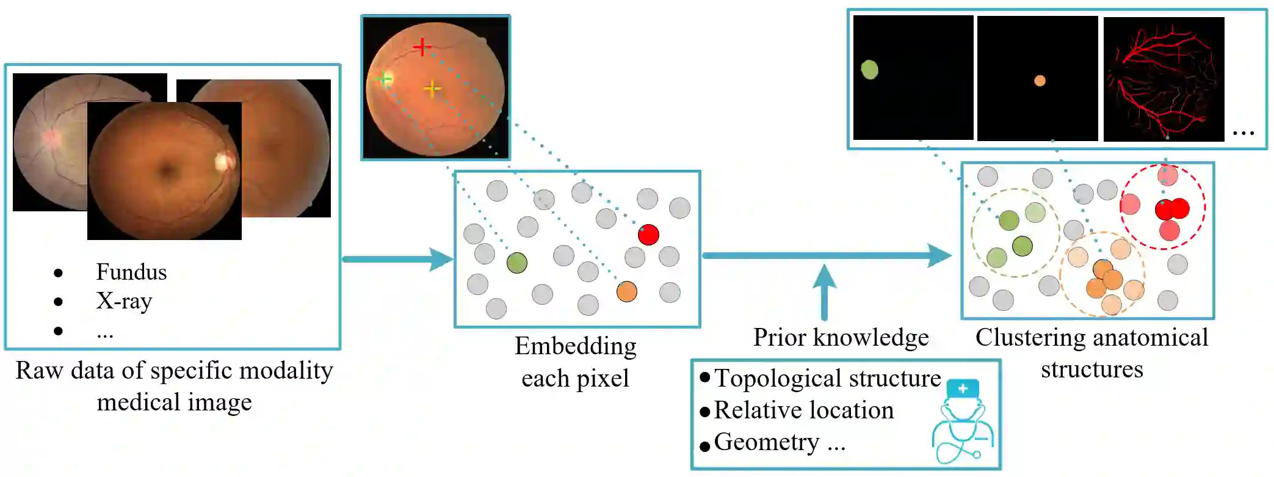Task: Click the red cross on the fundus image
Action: tap(422, 46)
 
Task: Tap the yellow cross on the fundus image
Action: tap(432, 89)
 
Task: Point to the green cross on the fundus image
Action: tap(384, 79)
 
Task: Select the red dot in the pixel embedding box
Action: tap(648, 235)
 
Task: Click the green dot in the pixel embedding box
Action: tap(516, 263)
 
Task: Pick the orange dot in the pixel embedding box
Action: tap(626, 291)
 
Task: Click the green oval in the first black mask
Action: tap(869, 70)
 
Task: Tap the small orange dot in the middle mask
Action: tap(1040, 81)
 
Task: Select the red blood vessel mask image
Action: tap(1164, 79)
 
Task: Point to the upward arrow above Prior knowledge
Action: tap(824, 290)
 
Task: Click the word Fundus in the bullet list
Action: tap(131, 272)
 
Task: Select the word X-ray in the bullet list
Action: tap(124, 301)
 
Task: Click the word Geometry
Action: tap(767, 442)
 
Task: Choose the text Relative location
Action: tap(803, 410)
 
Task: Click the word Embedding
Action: tap(575, 346)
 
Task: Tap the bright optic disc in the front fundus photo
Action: tap(223, 161)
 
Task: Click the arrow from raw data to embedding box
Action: tap(397, 259)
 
